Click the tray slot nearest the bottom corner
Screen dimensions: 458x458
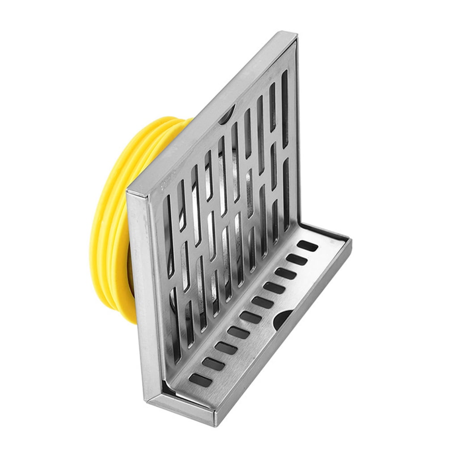coord(199,380)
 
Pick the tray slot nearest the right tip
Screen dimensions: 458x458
coord(308,246)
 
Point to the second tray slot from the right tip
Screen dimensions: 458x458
coord(297,259)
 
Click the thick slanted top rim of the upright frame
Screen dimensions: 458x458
coord(210,112)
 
